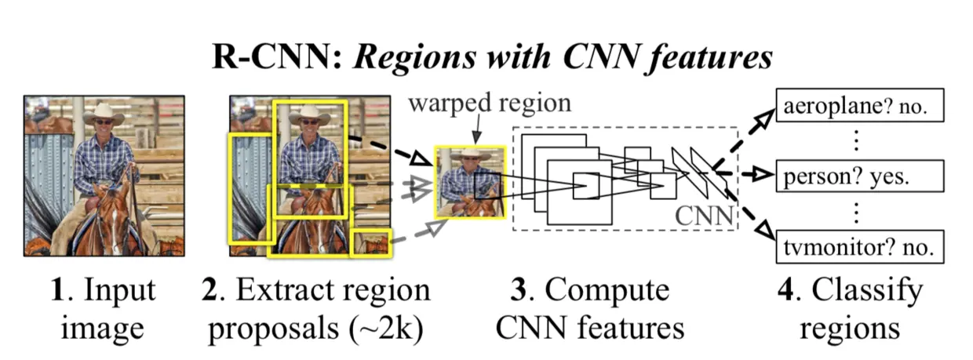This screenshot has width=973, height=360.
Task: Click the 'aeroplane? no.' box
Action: (858, 108)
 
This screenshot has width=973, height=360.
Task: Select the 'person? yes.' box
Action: (858, 177)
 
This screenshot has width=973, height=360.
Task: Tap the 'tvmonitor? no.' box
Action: (858, 247)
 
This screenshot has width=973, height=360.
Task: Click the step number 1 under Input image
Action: (56, 290)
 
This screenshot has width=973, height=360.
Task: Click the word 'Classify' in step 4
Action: (867, 292)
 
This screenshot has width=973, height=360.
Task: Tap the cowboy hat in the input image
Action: (102, 114)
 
